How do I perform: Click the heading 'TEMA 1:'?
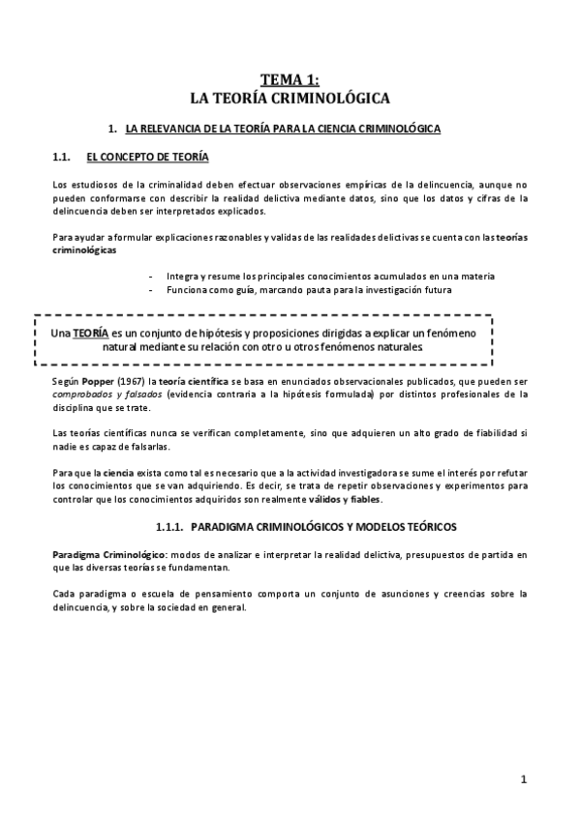coord(289,80)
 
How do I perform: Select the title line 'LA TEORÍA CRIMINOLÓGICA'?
coord(290,98)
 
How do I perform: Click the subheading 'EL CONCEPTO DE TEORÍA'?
coord(146,156)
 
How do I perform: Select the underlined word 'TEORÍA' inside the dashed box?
coord(90,333)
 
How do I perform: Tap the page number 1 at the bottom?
coord(523,778)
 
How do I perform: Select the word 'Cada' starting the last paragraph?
coord(62,593)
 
